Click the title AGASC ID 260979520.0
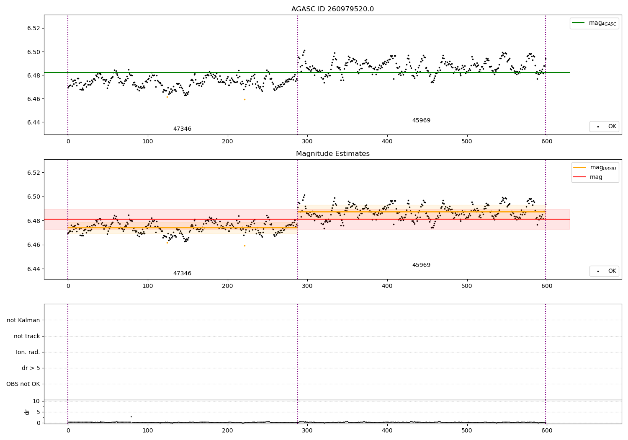point(332,9)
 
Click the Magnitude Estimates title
point(332,154)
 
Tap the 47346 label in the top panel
point(182,129)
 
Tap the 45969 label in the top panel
point(421,121)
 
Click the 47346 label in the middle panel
point(182,274)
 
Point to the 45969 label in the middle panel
point(421,265)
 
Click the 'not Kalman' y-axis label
point(23,320)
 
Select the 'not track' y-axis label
point(27,336)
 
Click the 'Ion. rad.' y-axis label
point(28,352)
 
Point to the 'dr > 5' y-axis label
point(31,368)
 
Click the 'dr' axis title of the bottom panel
point(27,412)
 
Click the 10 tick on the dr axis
point(36,401)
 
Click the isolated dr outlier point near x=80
point(131,417)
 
